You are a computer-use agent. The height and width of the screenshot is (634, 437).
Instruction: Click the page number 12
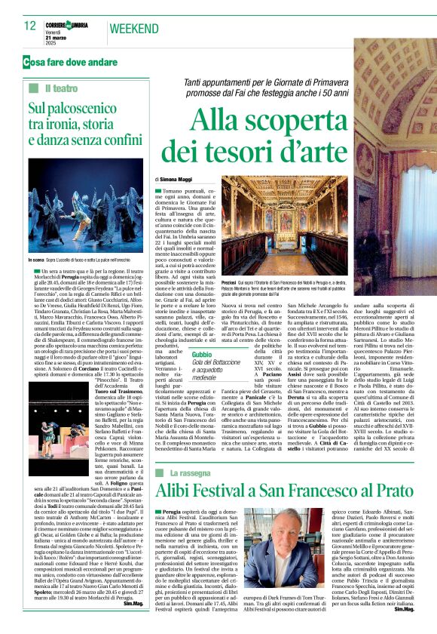click(x=30, y=26)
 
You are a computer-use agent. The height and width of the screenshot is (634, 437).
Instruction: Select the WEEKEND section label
click(x=135, y=29)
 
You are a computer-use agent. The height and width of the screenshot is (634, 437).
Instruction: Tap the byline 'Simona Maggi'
click(x=179, y=180)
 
